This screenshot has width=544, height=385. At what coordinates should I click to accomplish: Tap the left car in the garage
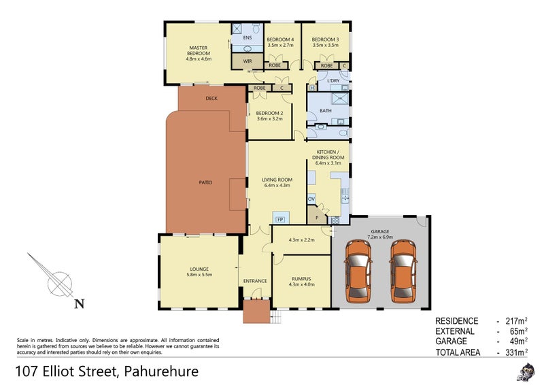(358, 271)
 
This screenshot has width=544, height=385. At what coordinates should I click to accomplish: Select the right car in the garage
(403, 271)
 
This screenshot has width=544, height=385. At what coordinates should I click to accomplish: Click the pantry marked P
(316, 217)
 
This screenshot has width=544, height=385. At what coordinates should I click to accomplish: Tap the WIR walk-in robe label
(239, 61)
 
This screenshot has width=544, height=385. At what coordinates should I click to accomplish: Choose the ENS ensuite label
(248, 38)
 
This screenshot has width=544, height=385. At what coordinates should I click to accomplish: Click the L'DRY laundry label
(333, 82)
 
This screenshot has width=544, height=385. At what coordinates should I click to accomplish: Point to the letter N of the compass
(80, 304)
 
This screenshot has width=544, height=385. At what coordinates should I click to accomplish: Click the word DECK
(211, 99)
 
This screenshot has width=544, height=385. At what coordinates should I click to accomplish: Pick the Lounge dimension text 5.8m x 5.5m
(199, 275)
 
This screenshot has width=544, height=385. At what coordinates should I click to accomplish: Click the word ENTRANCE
(255, 280)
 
